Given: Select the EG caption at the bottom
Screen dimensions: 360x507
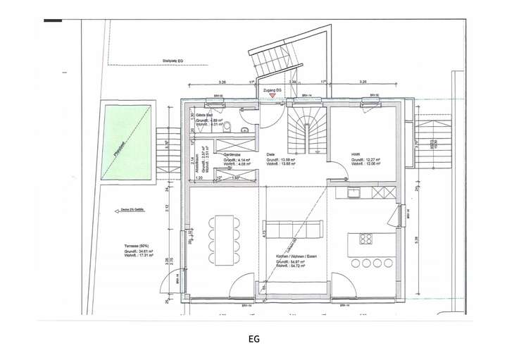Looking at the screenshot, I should pyautogui.click(x=254, y=338).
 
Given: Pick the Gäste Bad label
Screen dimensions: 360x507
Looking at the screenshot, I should pyautogui.click(x=204, y=115).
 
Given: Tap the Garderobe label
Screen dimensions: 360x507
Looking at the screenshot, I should pyautogui.click(x=233, y=154).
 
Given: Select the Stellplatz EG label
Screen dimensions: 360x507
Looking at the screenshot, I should pyautogui.click(x=172, y=61).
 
